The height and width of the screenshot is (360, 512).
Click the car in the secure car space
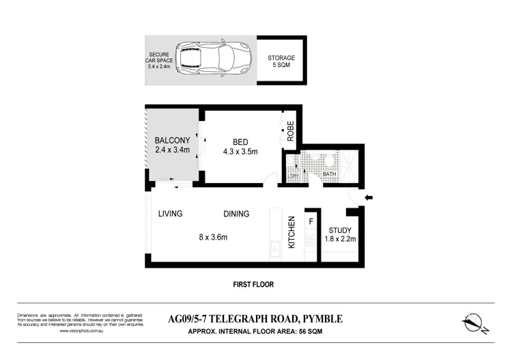click(212, 60)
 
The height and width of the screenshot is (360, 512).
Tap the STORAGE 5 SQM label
click(281, 61)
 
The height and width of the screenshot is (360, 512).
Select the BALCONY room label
click(171, 141)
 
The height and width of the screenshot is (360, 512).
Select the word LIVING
click(170, 214)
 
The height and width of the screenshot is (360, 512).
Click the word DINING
click(236, 214)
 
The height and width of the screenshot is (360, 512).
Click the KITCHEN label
click(291, 232)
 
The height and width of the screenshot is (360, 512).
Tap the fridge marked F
click(311, 221)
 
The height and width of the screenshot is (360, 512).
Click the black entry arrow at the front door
click(369, 198)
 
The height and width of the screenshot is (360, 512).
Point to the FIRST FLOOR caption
click(253, 284)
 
